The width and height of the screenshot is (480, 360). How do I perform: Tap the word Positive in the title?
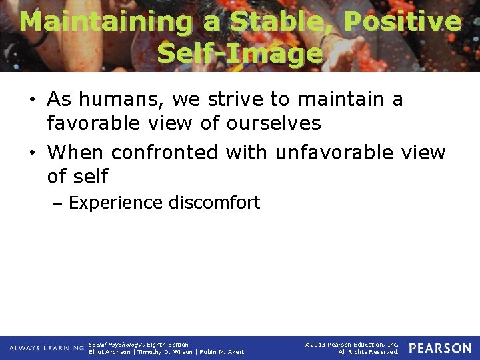coord(402,22)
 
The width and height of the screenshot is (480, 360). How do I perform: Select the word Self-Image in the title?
coord(240,53)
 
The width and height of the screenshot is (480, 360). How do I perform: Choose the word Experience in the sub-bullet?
coord(115,203)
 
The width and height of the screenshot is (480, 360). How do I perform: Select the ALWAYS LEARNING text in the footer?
coord(47,348)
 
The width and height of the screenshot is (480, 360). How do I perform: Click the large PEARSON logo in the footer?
coord(440,348)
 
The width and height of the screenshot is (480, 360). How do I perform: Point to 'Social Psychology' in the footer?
coord(115,344)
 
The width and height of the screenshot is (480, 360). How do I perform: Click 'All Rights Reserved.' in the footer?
coord(368,352)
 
